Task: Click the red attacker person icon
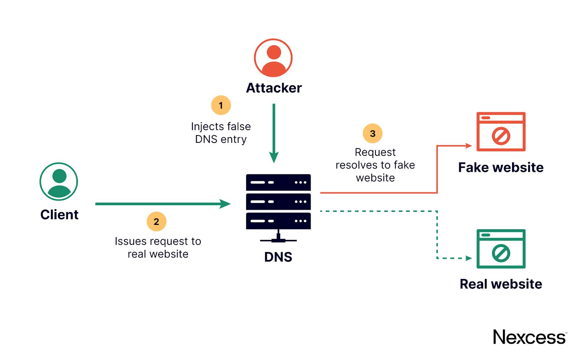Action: tap(273, 58)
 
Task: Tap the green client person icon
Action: tap(59, 181)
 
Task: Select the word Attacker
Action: tap(274, 88)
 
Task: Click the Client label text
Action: tap(60, 215)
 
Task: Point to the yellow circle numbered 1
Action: tap(221, 105)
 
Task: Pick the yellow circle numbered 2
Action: tap(157, 222)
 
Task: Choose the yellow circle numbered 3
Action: tap(373, 133)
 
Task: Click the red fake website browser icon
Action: tap(501, 132)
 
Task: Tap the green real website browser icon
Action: tap(501, 249)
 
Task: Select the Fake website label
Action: tap(501, 167)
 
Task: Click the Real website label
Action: tap(501, 284)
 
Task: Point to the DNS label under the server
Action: tap(278, 257)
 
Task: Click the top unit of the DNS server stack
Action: tap(278, 182)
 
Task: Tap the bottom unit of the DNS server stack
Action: tap(278, 221)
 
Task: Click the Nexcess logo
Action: tap(529, 337)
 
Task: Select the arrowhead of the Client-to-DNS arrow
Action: tap(226, 204)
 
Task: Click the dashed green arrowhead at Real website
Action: tap(468, 258)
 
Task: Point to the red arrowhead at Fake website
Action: tap(468, 146)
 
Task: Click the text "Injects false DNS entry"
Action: tap(221, 133)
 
